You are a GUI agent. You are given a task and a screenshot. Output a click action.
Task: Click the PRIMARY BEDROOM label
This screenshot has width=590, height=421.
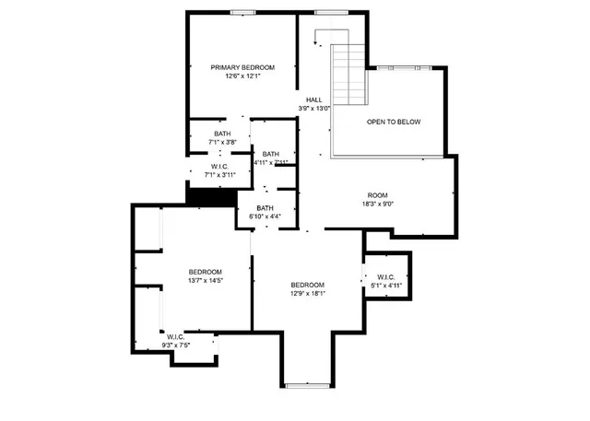242,67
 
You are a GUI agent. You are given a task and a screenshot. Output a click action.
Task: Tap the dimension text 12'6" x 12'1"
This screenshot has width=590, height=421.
242,76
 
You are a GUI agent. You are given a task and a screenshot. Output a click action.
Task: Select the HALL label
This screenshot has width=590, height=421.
314,99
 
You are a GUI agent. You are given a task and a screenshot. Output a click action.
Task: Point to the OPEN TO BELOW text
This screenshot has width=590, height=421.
394,122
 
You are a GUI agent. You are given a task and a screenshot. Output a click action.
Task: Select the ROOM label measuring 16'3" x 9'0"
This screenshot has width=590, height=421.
378,195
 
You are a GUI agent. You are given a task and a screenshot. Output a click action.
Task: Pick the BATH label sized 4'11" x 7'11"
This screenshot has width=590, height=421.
271,154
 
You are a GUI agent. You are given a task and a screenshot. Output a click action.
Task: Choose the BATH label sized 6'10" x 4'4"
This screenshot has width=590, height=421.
265,207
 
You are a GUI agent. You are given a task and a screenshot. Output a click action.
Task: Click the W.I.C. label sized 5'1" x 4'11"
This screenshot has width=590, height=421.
385,276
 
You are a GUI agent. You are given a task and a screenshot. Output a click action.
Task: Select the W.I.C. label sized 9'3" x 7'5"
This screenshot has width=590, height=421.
176,336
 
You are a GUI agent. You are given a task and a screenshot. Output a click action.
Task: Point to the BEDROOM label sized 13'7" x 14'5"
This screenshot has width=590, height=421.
205,271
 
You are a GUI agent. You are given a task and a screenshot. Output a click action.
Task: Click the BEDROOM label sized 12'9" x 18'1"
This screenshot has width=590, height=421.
307,284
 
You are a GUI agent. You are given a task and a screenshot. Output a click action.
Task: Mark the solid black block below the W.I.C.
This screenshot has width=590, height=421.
206,195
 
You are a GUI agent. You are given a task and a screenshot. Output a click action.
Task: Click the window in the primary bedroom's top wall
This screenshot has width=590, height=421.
242,12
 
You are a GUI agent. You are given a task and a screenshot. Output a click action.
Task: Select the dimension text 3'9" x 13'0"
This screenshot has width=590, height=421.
314,109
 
